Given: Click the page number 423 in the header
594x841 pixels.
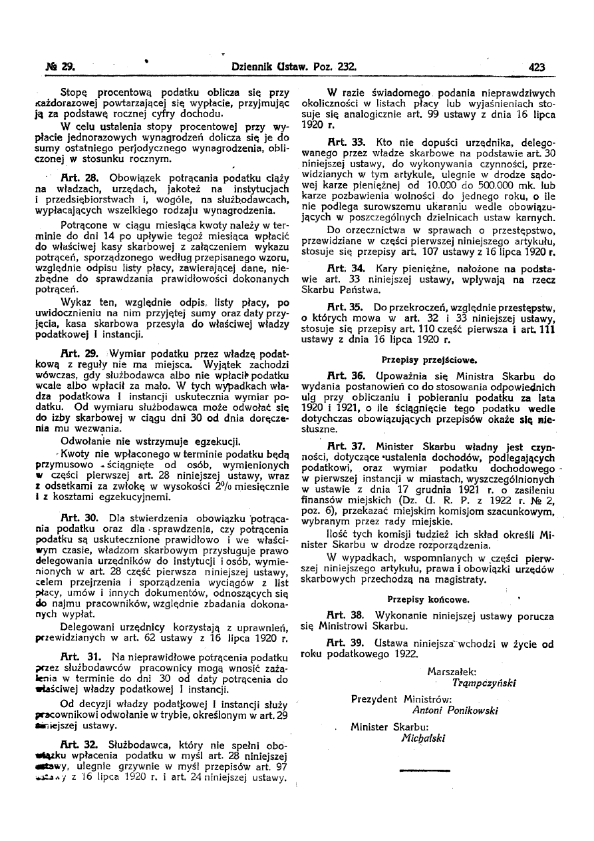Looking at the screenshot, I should (x=537, y=67).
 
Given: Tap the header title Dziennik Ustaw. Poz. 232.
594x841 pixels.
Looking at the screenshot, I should (x=295, y=67).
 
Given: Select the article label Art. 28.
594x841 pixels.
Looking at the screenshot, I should (x=80, y=178).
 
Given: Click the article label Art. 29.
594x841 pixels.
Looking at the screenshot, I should (x=80, y=353).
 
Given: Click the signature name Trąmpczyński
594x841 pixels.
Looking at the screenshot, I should (x=484, y=683).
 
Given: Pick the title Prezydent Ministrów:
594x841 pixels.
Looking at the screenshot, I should (x=401, y=699).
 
